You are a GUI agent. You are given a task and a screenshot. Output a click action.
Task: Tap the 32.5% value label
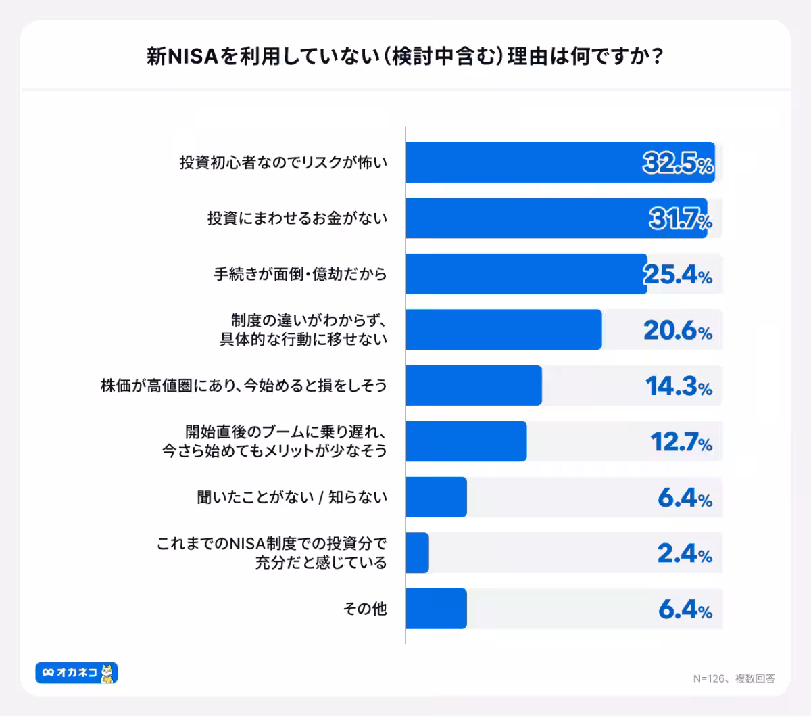coord(677,163)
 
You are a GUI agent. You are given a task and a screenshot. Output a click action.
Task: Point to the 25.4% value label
coord(677,275)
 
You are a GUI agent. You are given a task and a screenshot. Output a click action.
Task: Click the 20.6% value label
coord(677,330)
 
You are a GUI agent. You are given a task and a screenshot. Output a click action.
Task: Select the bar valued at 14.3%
coord(473,386)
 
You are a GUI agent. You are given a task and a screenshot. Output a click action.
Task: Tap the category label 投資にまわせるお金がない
coord(297,218)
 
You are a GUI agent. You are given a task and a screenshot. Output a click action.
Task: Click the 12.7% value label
coord(681,442)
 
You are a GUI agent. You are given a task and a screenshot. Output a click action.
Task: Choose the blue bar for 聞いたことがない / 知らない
coord(436,497)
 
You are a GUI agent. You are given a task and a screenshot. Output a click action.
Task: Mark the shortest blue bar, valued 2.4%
coord(417,553)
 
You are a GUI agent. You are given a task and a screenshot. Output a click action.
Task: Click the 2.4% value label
coord(684,554)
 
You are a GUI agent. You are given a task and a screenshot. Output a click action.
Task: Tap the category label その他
coord(364,609)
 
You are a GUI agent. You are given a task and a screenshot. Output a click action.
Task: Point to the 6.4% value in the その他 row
coord(685,609)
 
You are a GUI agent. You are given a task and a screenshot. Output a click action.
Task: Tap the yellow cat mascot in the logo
coord(107,673)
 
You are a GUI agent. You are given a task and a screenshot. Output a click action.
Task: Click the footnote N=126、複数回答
coord(733,678)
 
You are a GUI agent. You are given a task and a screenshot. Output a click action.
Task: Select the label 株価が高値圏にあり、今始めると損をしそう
coord(243,386)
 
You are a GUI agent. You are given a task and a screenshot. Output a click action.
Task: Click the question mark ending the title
coord(655,56)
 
